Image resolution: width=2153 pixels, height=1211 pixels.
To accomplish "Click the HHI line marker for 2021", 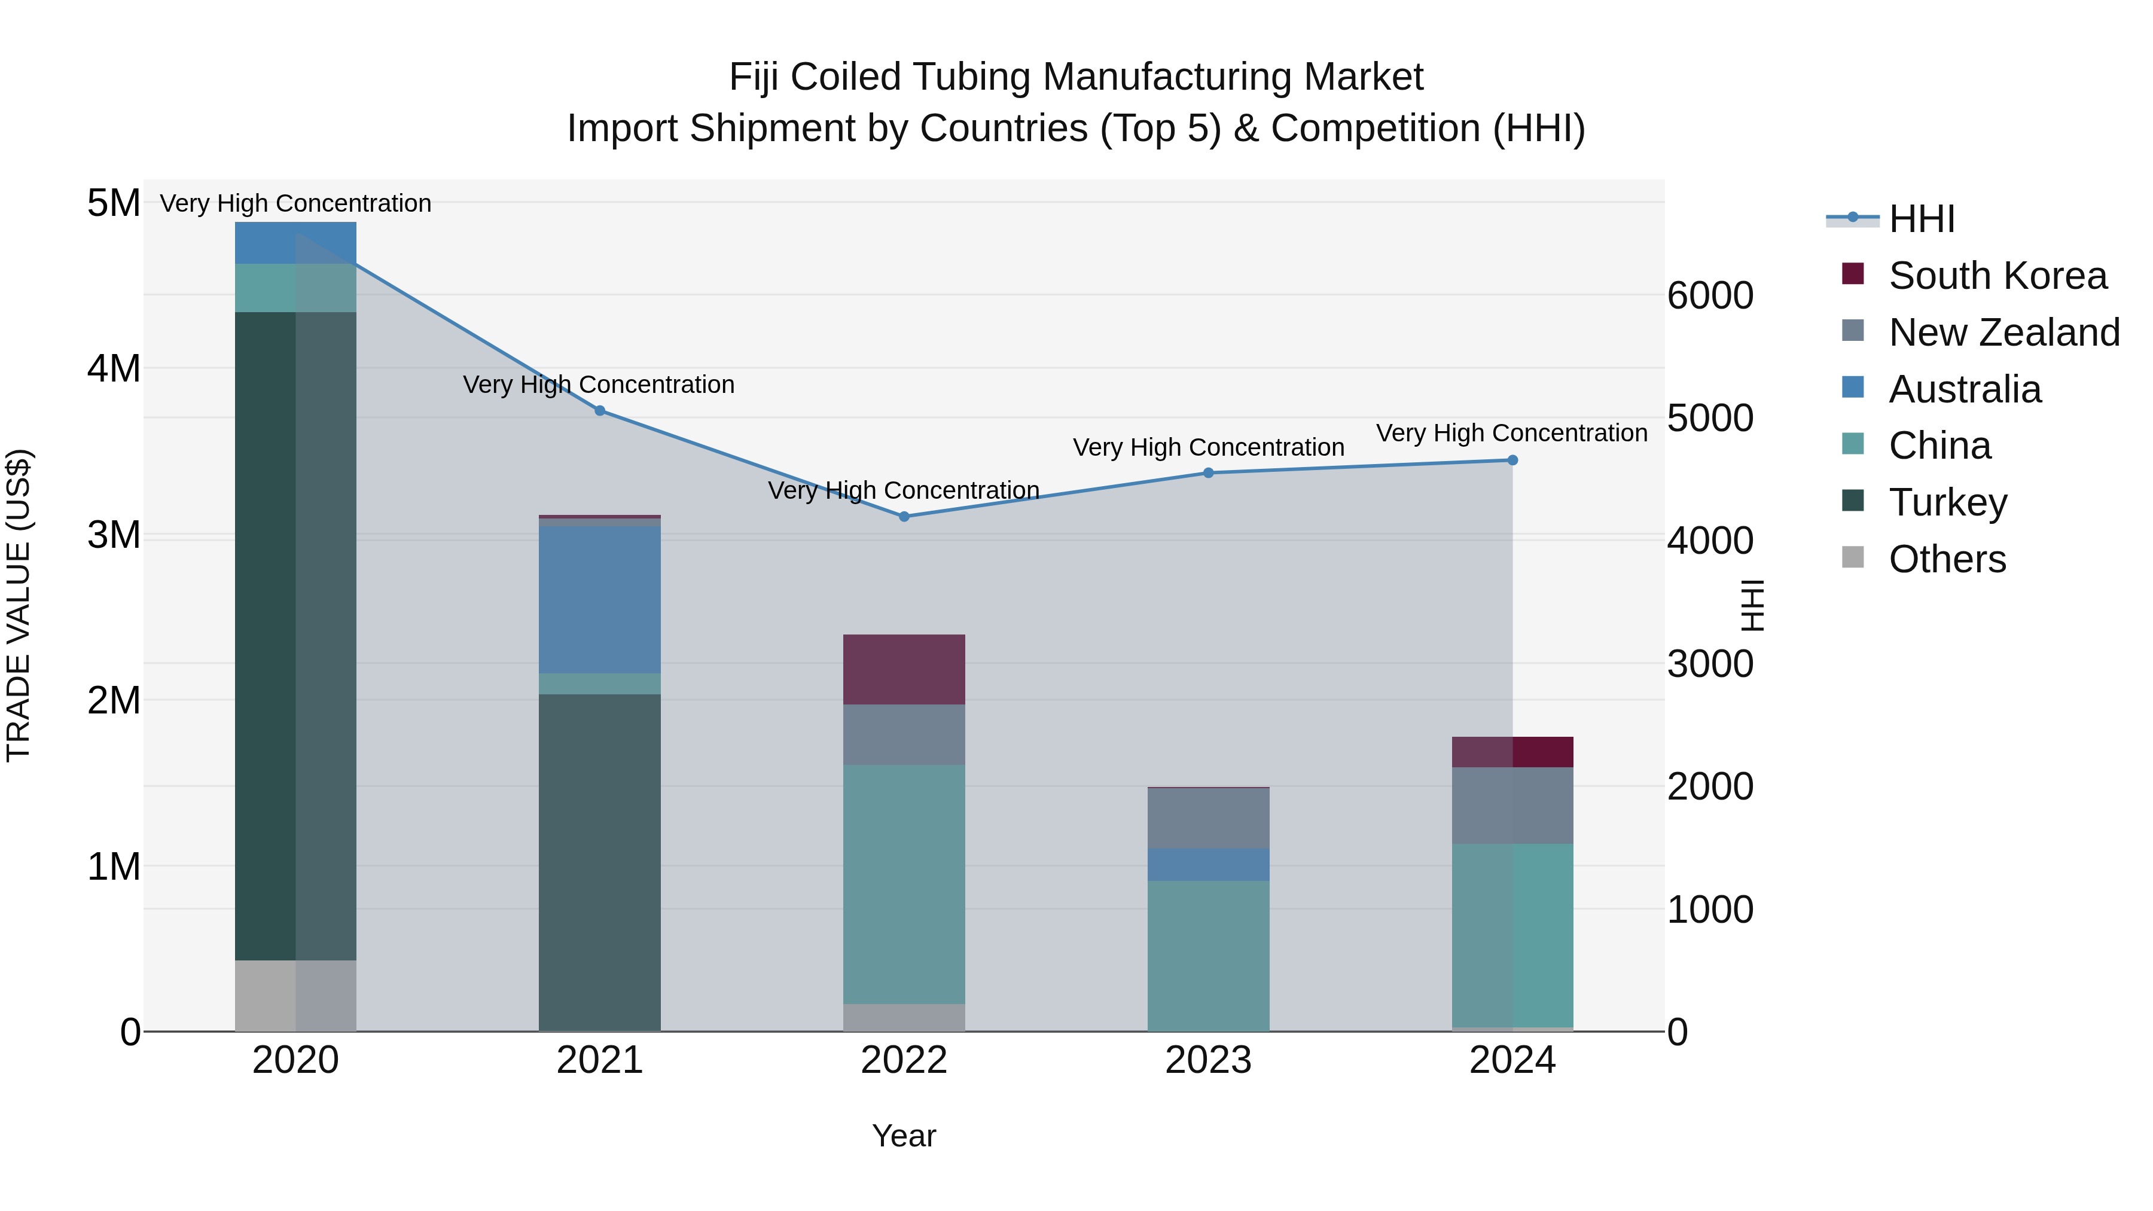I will click(x=599, y=410).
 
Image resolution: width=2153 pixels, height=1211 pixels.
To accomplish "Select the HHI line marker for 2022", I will click(x=904, y=517).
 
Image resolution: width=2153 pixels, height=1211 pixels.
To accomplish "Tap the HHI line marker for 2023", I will click(x=1207, y=473).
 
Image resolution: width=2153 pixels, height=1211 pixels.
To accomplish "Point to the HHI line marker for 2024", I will click(x=1512, y=460).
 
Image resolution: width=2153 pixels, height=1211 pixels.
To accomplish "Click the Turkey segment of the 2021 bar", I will click(x=599, y=861).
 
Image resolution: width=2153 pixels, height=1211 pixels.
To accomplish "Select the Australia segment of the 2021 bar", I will click(x=599, y=599).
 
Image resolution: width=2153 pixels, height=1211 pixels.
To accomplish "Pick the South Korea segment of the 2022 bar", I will click(x=904, y=669).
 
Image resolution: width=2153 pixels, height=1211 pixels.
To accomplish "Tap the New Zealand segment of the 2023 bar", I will click(x=1207, y=818).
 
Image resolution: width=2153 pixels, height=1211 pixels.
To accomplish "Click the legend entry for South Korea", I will click(x=1997, y=276).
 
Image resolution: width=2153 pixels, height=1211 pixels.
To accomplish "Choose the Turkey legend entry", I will click(x=1947, y=502).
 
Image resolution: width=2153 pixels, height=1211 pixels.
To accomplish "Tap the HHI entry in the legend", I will click(x=1920, y=219).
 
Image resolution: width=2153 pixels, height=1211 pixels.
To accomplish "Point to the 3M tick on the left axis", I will click(x=114, y=535).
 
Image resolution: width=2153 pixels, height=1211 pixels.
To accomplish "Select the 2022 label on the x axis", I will click(x=904, y=1060).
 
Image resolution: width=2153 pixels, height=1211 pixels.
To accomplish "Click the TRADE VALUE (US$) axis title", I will click(x=19, y=605).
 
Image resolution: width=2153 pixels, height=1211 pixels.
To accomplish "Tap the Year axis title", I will click(x=904, y=1136).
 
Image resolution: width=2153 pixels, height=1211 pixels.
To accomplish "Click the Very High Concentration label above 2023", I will click(x=1207, y=447).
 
